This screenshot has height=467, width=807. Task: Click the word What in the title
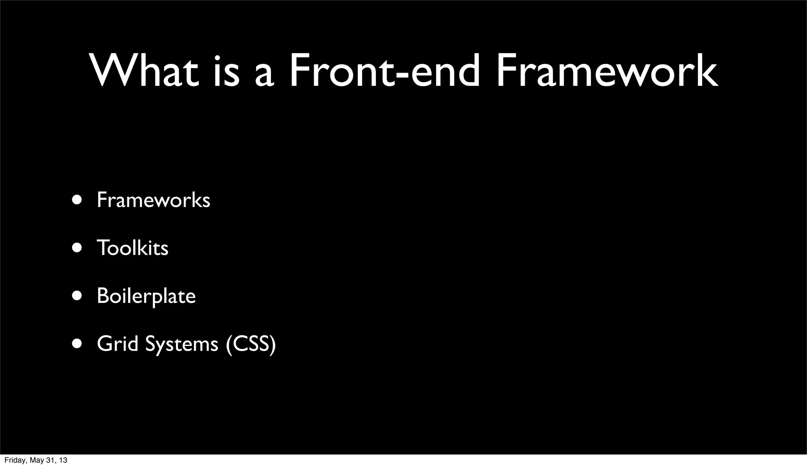pyautogui.click(x=145, y=70)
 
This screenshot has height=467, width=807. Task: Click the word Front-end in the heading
pyautogui.click(x=385, y=70)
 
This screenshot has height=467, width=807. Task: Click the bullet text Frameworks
pyautogui.click(x=153, y=200)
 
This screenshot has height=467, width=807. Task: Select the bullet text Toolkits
pyautogui.click(x=132, y=248)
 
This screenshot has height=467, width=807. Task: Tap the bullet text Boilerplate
pyautogui.click(x=146, y=296)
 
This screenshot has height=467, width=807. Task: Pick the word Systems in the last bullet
pyautogui.click(x=182, y=344)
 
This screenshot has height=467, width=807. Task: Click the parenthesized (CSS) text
pyautogui.click(x=251, y=344)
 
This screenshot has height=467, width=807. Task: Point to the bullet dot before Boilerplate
pyautogui.click(x=77, y=296)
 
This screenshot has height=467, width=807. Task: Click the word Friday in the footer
pyautogui.click(x=13, y=460)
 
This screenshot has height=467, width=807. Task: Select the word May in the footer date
pyautogui.click(x=34, y=460)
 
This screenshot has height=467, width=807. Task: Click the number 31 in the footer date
pyautogui.click(x=50, y=460)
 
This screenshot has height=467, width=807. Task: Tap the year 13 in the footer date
pyautogui.click(x=63, y=460)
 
